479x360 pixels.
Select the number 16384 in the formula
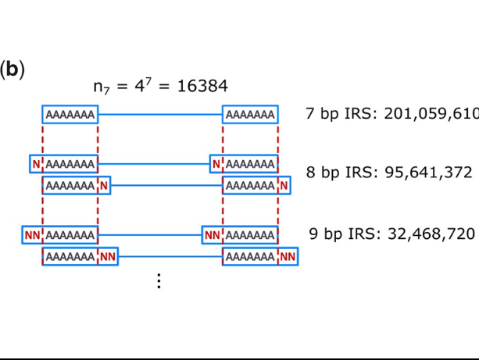[203, 85]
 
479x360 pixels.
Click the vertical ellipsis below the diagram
[159, 281]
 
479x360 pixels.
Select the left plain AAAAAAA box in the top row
[70, 116]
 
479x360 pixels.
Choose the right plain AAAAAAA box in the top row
[250, 116]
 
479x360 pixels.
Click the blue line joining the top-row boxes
[160, 116]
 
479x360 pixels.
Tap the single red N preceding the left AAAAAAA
[35, 164]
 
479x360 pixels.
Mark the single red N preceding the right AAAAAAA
[216, 164]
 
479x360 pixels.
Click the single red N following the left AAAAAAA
[104, 186]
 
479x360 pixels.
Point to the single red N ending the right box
[284, 186]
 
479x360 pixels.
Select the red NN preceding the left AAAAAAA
[32, 234]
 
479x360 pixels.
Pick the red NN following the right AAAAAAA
[288, 256]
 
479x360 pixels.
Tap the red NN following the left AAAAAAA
[108, 256]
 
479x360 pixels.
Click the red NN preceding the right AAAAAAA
[212, 234]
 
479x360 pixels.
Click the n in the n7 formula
[98, 86]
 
